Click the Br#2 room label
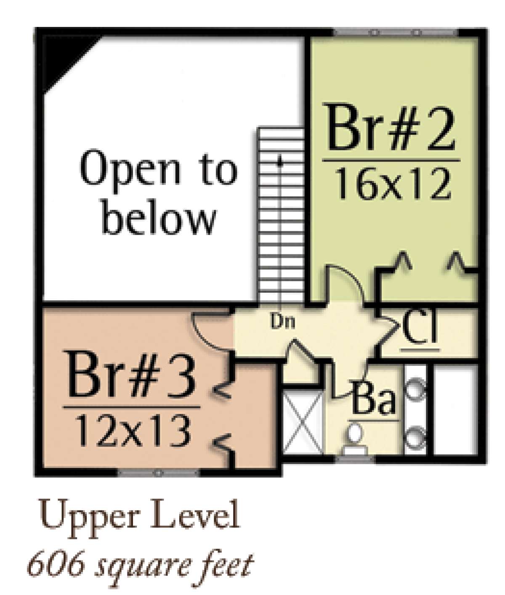[x=391, y=127]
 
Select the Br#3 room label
[x=131, y=375]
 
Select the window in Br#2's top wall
[x=396, y=32]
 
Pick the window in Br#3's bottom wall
[x=158, y=473]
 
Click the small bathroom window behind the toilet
[x=355, y=458]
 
